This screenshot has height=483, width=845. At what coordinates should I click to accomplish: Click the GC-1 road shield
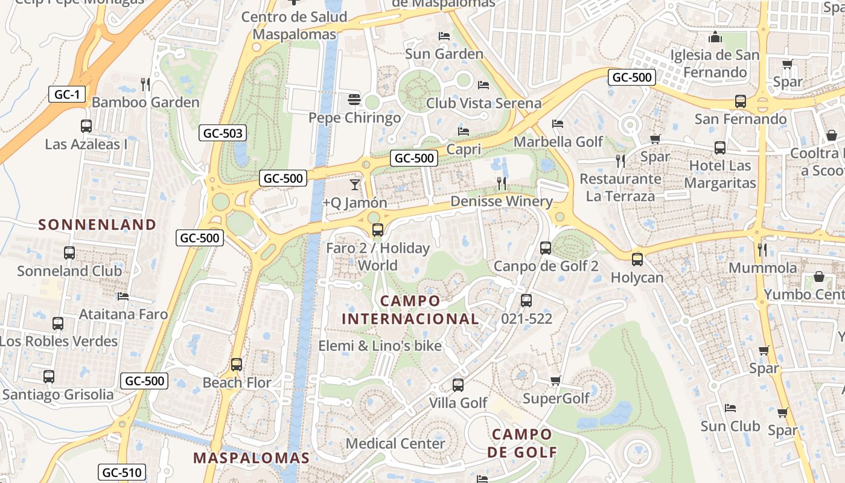67,94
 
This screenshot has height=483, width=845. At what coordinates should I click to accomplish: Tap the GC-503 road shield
223,133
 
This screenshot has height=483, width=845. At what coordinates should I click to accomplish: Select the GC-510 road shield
122,472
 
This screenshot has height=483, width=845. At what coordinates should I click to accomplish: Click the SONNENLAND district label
97,225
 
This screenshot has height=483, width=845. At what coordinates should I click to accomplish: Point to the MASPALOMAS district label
251,458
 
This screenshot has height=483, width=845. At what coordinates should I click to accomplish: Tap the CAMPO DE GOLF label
521,443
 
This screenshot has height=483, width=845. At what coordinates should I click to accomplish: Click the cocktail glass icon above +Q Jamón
355,184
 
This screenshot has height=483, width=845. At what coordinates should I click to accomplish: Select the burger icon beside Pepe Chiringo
354,99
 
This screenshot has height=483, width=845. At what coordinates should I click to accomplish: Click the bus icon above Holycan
637,260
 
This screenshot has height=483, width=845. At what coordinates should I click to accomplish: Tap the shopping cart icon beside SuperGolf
556,380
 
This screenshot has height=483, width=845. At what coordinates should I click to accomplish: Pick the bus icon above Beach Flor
237,365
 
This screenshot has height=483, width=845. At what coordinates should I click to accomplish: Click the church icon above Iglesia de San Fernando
715,37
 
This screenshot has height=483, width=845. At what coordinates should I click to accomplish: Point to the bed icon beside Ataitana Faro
123,296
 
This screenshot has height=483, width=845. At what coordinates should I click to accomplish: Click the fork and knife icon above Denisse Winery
502,183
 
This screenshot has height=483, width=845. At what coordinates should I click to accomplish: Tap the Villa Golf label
458,402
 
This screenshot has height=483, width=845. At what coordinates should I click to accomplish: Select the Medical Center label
395,443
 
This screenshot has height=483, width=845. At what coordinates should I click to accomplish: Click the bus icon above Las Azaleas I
86,126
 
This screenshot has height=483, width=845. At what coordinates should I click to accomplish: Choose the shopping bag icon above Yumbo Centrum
819,277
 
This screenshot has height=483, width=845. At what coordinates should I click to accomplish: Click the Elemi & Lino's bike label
380,346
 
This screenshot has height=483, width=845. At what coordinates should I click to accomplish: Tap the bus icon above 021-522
526,300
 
